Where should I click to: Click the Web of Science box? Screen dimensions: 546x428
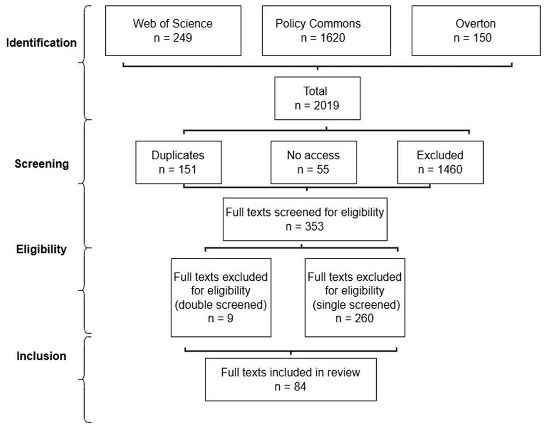173,31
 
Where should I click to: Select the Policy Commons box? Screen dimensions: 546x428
327,31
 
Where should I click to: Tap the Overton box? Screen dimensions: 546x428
476,31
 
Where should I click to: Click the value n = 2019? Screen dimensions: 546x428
317,105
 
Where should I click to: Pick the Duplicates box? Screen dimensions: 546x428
179,162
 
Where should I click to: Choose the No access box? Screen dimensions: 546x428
314,162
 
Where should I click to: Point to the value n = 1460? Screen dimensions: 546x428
440,170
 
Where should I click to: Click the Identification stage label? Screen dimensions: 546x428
41,43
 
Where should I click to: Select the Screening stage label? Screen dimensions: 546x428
42,164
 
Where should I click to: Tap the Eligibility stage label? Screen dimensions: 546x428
41,249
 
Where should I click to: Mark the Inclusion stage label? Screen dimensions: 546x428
41,356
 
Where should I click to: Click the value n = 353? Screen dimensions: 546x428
305,226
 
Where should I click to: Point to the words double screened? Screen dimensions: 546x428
221,305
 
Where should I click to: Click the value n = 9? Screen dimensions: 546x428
221,318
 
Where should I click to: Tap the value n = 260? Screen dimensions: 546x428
354,318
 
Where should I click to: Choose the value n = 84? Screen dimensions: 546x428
290,386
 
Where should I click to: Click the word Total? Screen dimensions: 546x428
315,91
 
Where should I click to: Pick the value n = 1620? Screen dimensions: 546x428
323,38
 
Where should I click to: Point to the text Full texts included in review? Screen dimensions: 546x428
290,372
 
